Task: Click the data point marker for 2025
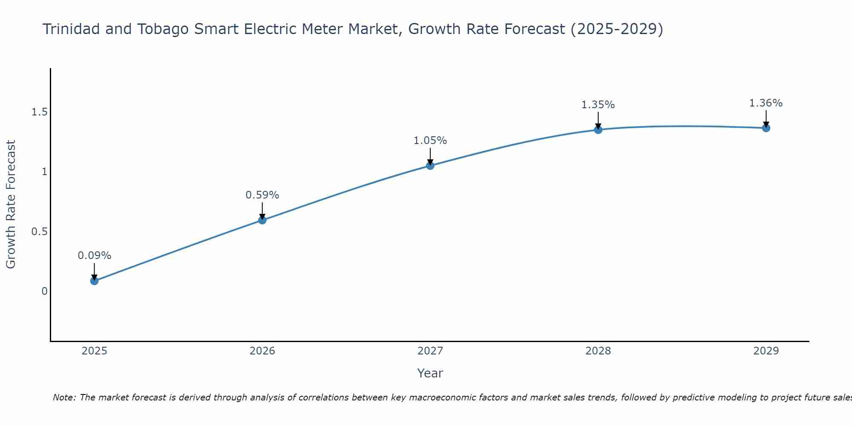click(x=95, y=281)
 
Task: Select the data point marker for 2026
click(x=262, y=220)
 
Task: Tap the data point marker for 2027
click(x=430, y=166)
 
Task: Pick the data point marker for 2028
click(x=598, y=130)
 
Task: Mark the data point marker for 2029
click(x=766, y=128)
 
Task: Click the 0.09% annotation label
click(x=95, y=256)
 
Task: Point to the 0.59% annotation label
click(x=262, y=195)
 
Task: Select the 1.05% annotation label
click(x=430, y=141)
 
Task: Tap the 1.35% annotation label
click(x=598, y=105)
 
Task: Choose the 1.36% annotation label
click(x=766, y=103)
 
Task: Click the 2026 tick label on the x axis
click(x=262, y=351)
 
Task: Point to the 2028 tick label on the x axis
click(x=598, y=351)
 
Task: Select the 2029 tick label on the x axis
click(x=766, y=351)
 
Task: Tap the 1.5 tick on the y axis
click(x=39, y=112)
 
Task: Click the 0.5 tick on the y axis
click(x=39, y=232)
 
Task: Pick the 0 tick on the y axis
click(x=44, y=291)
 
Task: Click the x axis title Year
click(x=430, y=373)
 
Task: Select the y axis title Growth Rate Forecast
click(x=11, y=204)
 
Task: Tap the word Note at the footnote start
click(x=63, y=397)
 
